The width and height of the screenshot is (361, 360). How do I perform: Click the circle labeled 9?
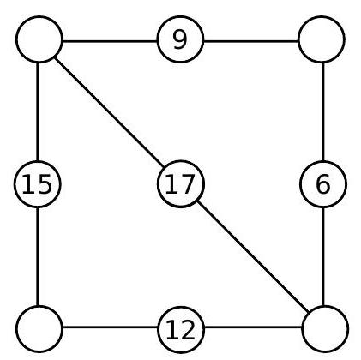point(180,39)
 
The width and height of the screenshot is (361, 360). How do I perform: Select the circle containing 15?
point(38,184)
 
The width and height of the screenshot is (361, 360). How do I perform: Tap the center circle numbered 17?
point(181,184)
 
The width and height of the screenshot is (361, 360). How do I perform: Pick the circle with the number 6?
point(323,184)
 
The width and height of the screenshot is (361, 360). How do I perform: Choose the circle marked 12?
point(181,329)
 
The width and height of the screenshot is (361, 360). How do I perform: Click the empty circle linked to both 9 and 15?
point(39,39)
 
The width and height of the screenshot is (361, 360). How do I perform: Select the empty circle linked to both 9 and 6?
point(322,39)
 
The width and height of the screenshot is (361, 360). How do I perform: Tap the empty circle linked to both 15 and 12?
point(39,329)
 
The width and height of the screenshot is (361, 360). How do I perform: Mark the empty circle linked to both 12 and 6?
point(325,329)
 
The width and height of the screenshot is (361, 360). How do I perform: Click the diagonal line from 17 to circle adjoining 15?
point(110,111)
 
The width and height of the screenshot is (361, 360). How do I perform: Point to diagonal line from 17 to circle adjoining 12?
point(253,256)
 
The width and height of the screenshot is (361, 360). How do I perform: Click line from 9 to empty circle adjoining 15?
point(110,41)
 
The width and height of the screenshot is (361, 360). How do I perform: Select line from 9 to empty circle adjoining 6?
point(251,41)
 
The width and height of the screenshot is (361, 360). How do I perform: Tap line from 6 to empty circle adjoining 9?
point(323,111)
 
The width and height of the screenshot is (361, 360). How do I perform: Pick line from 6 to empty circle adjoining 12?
point(323,256)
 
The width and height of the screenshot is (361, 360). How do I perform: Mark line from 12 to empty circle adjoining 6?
point(253,327)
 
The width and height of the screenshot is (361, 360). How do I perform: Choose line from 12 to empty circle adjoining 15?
point(110,327)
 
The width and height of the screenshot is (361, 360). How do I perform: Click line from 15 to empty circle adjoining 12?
point(38,256)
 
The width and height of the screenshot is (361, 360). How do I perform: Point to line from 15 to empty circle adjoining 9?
point(38,111)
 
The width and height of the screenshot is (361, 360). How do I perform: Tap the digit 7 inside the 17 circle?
point(188,184)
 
